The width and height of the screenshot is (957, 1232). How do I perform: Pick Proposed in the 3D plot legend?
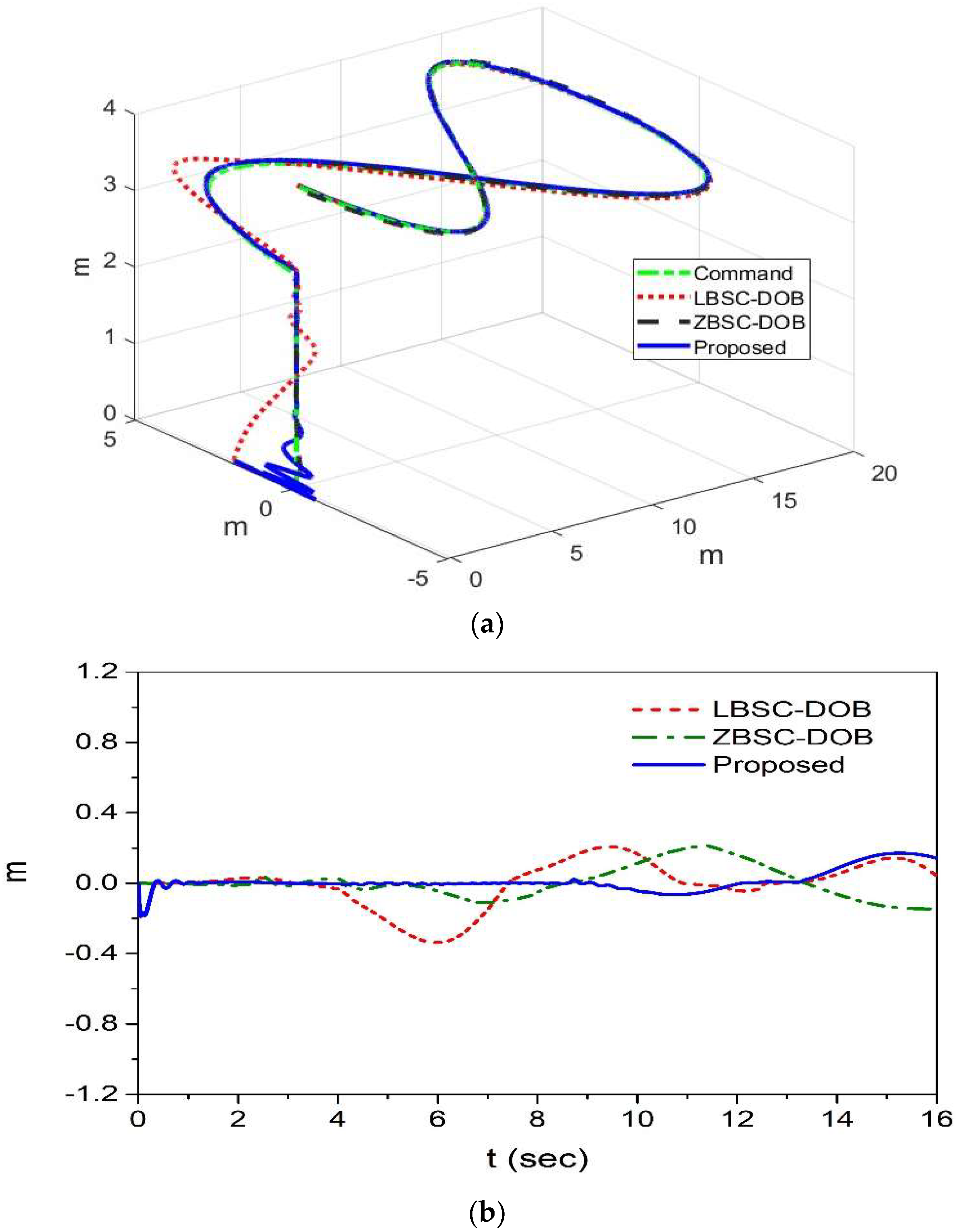click(x=739, y=347)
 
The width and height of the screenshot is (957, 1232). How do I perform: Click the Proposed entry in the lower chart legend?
click(x=778, y=765)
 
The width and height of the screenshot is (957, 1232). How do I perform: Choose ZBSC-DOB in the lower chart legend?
click(x=792, y=737)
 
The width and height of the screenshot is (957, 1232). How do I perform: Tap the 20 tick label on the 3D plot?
click(x=883, y=473)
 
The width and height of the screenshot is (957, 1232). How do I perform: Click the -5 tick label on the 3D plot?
click(x=419, y=578)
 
